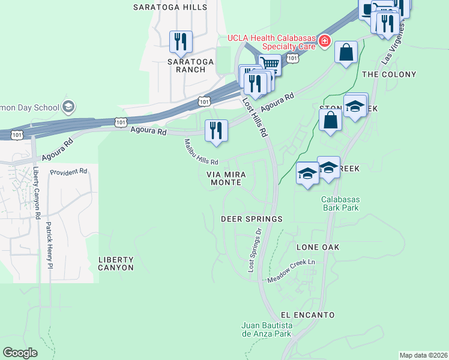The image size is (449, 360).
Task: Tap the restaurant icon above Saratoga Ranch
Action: [x=181, y=41]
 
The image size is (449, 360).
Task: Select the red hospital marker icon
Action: [x=325, y=41]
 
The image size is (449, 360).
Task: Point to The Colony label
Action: [x=389, y=74]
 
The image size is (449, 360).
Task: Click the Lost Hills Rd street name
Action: [x=255, y=117]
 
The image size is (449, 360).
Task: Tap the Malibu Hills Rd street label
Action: [x=201, y=154]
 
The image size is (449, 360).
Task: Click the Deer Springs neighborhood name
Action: [x=252, y=219]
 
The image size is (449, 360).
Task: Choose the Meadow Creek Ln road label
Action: [x=291, y=271]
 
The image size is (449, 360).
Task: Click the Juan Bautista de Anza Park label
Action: [x=266, y=329]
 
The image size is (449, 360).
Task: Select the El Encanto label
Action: [x=307, y=314]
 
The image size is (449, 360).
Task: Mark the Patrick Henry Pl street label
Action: [x=49, y=245]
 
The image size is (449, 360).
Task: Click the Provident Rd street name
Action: [x=68, y=172]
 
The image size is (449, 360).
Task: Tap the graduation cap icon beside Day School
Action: [x=68, y=107]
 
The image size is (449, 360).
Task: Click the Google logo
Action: [x=20, y=353]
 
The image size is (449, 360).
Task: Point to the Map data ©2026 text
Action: [x=423, y=355]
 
